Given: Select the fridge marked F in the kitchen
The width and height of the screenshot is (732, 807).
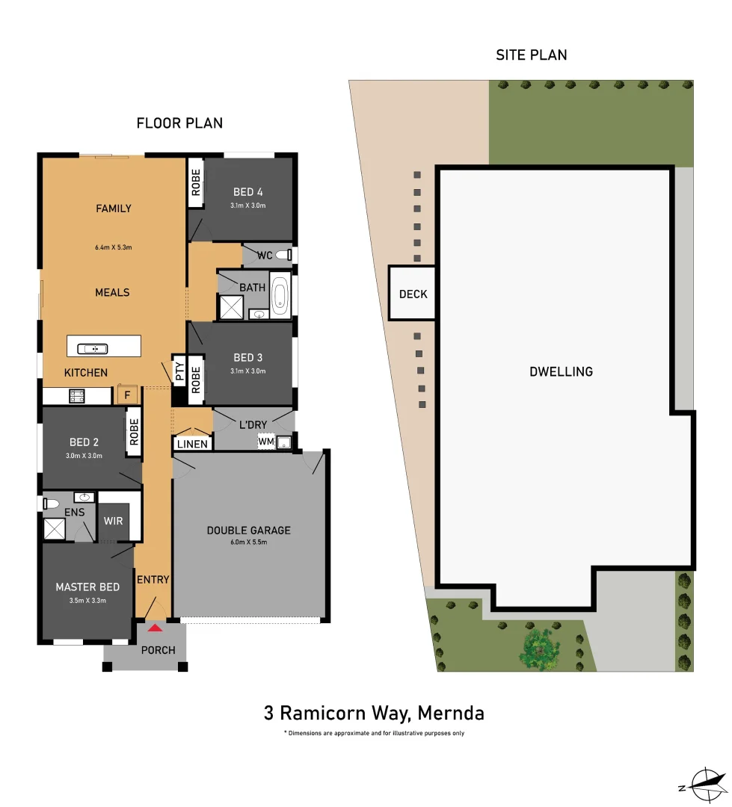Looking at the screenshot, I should (x=126, y=395).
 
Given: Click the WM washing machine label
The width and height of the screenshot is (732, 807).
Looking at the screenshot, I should (x=266, y=442).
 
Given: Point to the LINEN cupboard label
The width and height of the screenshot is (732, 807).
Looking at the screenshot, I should (x=193, y=444).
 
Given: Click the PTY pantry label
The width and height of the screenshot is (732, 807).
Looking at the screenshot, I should (x=179, y=371).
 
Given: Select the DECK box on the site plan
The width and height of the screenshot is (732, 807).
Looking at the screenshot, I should (x=413, y=294).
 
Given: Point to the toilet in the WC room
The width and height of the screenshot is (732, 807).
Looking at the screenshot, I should (x=283, y=256).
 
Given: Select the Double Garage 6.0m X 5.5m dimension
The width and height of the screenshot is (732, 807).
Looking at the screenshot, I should (x=248, y=542).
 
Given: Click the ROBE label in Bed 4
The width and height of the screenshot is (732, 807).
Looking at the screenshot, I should (x=195, y=182).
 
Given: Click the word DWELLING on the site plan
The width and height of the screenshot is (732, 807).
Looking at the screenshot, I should (x=561, y=371).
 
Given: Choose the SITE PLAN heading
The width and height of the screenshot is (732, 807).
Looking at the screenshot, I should (x=531, y=55).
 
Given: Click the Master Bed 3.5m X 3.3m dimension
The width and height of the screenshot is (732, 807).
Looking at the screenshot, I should (x=87, y=599).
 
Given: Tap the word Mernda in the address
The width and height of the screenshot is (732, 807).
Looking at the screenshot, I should (x=450, y=713).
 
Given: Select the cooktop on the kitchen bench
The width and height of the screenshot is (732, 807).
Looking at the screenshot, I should (x=77, y=396).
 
